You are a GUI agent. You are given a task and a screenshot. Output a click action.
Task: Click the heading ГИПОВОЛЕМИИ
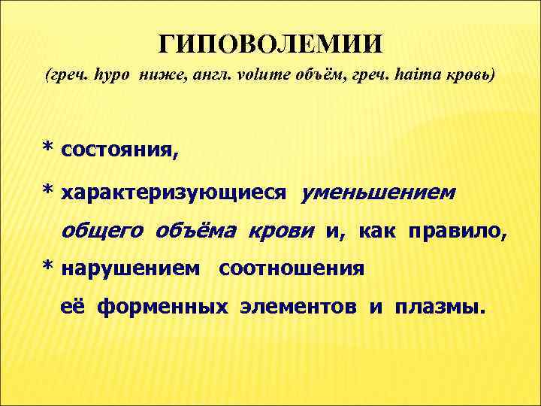click(x=270, y=43)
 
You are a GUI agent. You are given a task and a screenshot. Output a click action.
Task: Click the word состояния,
click(x=120, y=150)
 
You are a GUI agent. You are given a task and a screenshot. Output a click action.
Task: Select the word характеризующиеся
click(x=174, y=195)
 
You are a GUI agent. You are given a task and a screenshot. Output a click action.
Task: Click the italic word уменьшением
click(x=377, y=194)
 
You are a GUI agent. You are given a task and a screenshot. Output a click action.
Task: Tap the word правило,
click(x=458, y=231)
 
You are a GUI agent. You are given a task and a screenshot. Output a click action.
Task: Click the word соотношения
click(x=292, y=268)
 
